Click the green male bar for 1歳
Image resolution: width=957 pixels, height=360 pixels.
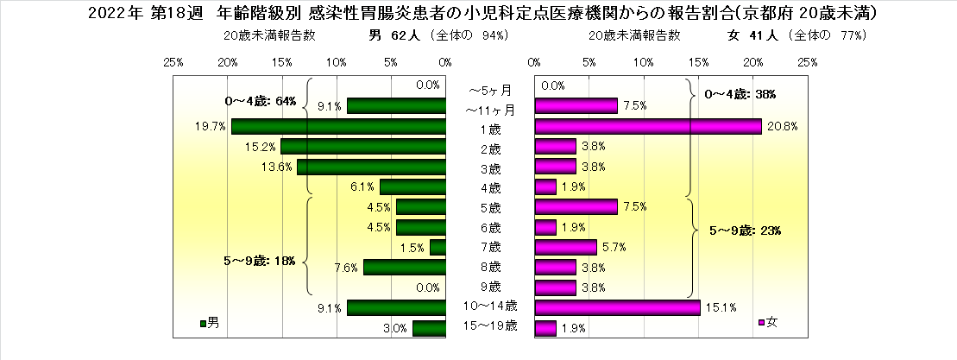coord(338,126)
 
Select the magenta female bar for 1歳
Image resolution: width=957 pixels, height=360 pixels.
coord(648,126)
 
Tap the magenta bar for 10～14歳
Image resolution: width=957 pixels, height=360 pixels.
coord(617,307)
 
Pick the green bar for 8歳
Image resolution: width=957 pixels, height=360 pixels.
coord(404,267)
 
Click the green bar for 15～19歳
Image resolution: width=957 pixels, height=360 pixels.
coord(429,328)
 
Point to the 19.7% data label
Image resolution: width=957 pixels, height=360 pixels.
coord(211,126)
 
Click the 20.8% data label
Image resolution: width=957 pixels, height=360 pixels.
coord(783,126)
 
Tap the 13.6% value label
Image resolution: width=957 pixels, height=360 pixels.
coord(277,167)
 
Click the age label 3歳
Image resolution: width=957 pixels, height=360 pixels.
coord(490,167)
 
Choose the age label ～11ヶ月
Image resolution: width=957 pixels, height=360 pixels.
coord(490,110)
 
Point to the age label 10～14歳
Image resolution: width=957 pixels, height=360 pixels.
coord(490,306)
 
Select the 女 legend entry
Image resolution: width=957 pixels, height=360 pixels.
coord(768,323)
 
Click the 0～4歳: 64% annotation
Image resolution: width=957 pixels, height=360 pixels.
coord(260,101)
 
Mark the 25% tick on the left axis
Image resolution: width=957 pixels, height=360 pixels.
coord(173,62)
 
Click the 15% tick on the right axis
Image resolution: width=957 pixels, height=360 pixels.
coord(698,62)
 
